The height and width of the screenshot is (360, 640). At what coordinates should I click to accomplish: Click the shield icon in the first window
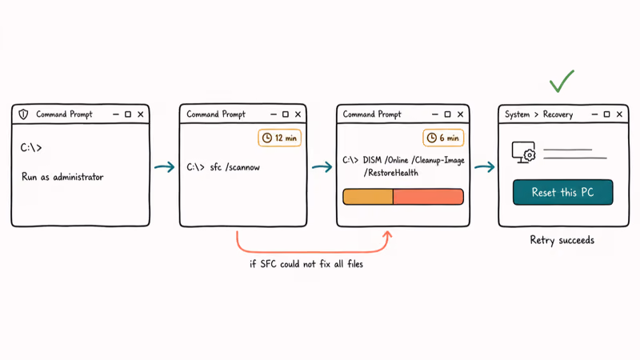click(x=23, y=114)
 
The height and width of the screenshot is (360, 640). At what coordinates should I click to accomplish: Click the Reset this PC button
click(x=563, y=192)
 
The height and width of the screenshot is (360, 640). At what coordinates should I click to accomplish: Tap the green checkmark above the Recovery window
click(x=562, y=81)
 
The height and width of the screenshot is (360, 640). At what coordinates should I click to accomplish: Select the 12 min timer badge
click(x=279, y=138)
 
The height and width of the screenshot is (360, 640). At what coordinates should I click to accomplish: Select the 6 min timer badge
click(x=443, y=138)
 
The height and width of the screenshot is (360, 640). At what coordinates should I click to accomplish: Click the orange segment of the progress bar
click(x=368, y=197)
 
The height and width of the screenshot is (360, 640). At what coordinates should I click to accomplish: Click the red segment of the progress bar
click(x=428, y=197)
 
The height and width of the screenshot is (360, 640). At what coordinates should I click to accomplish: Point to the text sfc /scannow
click(x=234, y=167)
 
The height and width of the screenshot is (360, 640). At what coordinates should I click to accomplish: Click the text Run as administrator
click(x=62, y=177)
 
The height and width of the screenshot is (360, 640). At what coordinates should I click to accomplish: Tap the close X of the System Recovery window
click(x=619, y=114)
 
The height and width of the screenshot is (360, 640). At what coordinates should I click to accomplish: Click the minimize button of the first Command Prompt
click(x=116, y=114)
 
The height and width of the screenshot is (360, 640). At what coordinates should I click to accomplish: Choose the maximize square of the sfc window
click(x=286, y=114)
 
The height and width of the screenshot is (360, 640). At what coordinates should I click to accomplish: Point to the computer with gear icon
click(x=524, y=153)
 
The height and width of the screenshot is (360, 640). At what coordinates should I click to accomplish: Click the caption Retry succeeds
click(x=562, y=240)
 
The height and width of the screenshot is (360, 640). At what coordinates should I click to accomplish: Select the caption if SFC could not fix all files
click(x=306, y=264)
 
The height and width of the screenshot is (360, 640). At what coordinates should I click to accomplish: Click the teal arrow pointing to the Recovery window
click(x=485, y=167)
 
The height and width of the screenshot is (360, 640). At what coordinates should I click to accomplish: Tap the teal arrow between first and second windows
click(x=165, y=167)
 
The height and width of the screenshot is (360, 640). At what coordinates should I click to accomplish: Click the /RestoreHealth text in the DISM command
click(x=391, y=173)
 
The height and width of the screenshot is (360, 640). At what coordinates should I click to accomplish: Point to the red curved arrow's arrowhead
click(x=387, y=236)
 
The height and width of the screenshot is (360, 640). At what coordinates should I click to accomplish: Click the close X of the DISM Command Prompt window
click(x=461, y=114)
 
